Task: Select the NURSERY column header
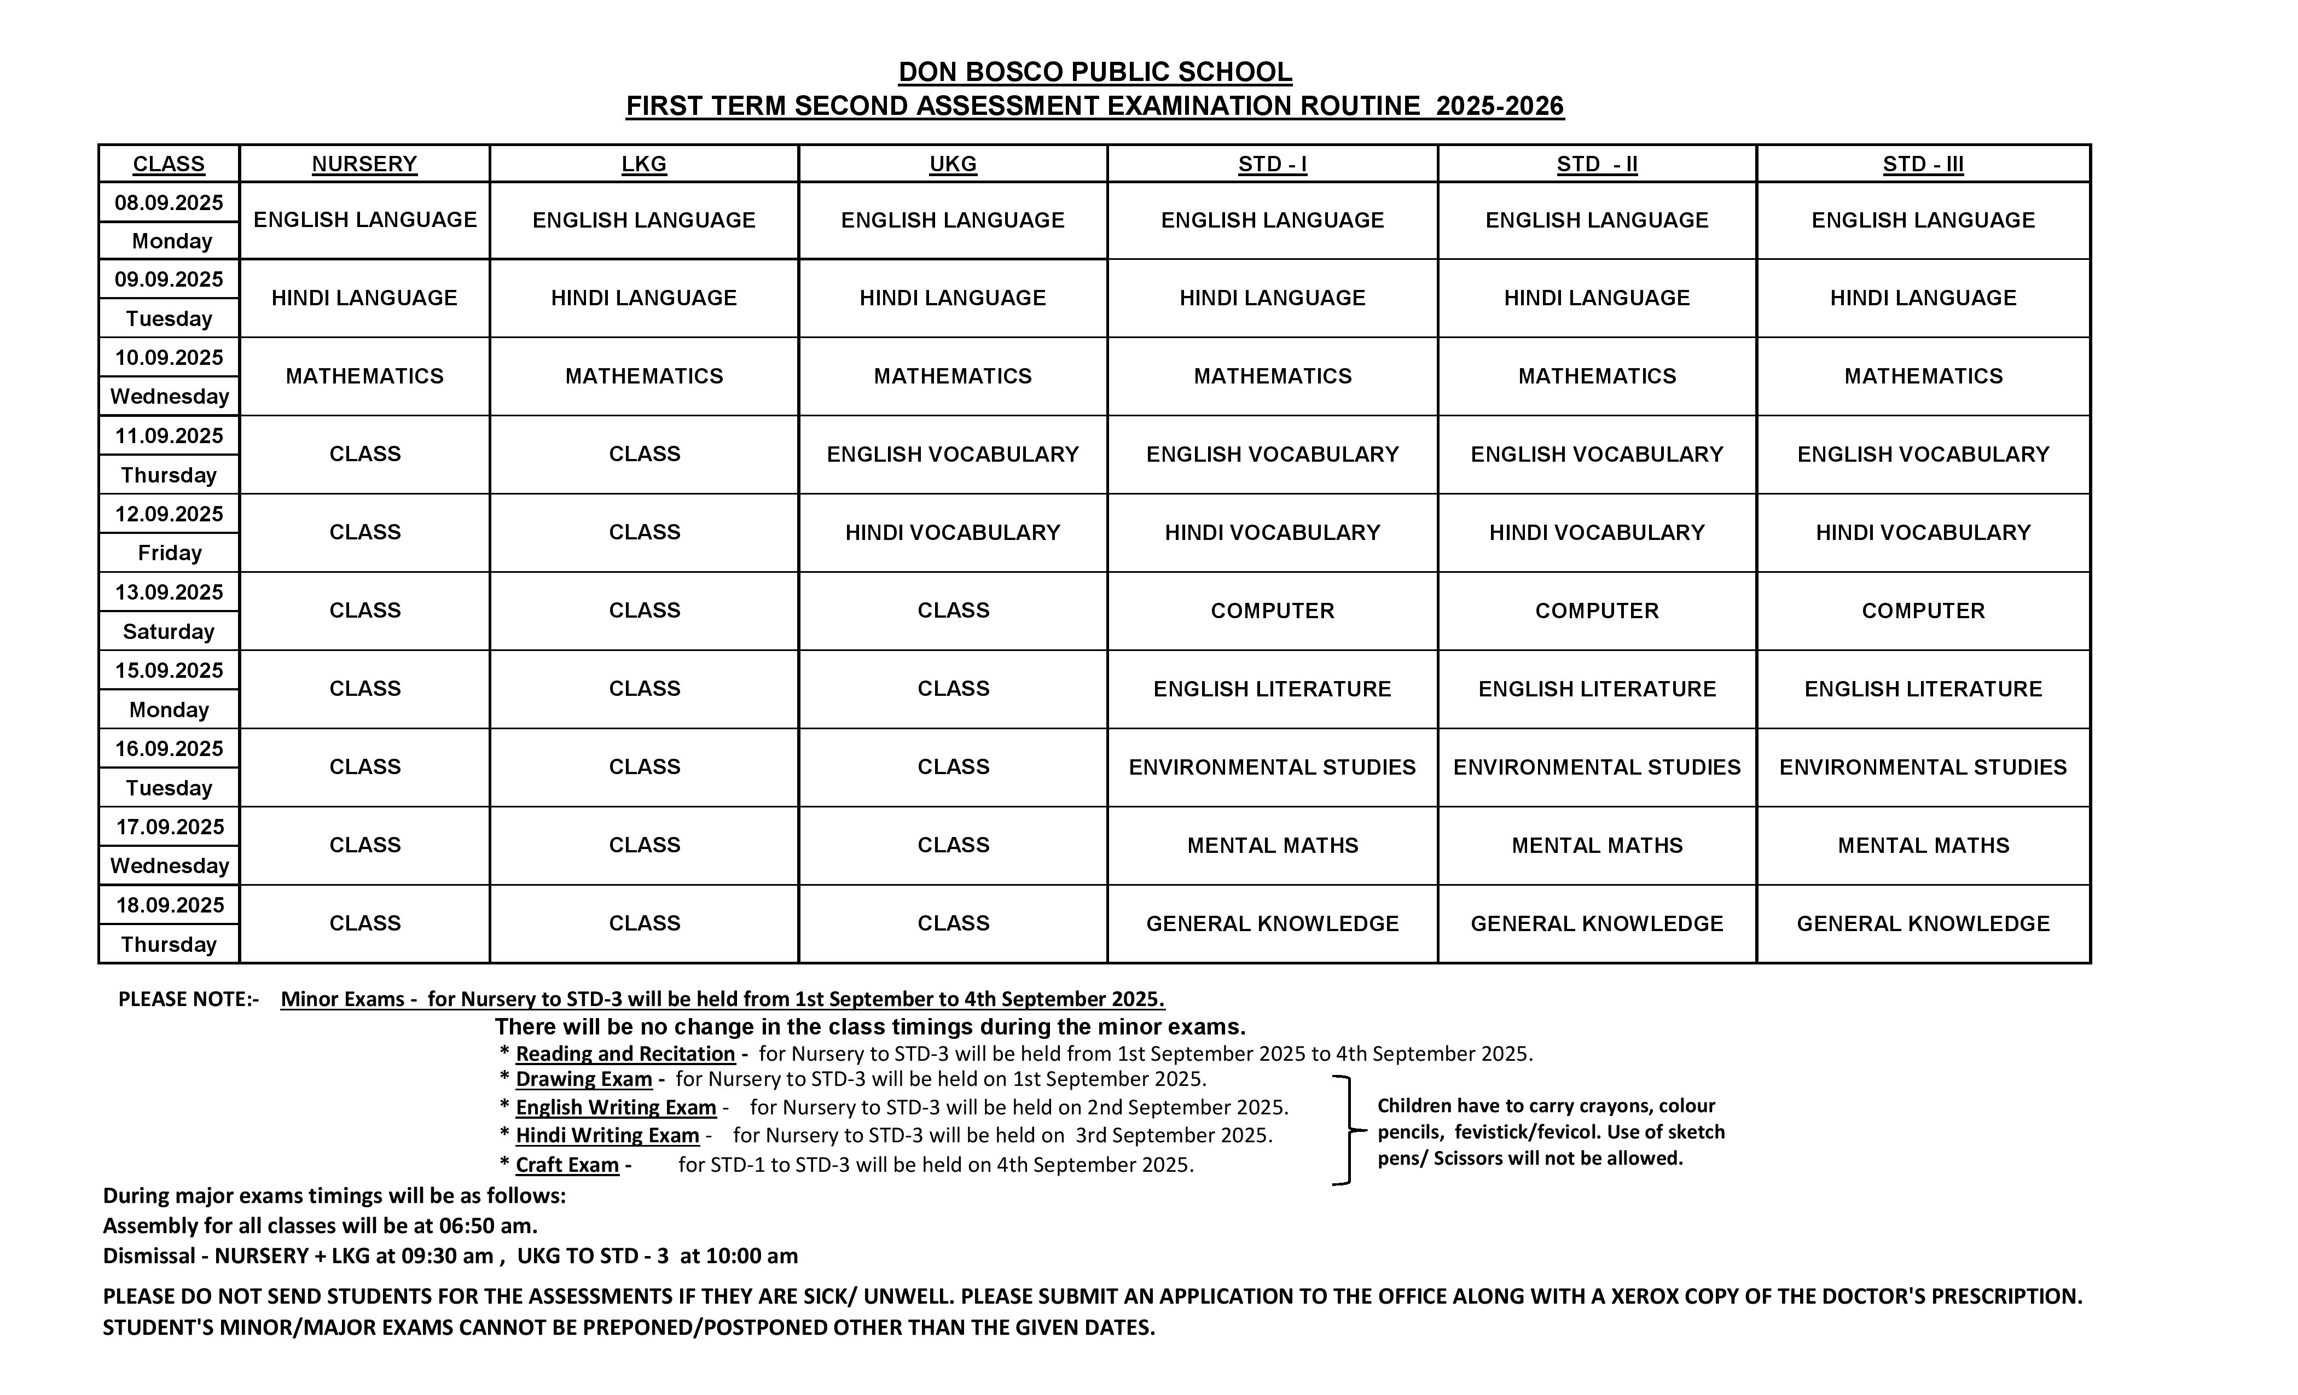click(364, 164)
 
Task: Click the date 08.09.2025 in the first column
click(169, 202)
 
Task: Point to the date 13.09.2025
click(169, 592)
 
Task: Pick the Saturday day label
click(169, 631)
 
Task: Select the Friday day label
click(169, 553)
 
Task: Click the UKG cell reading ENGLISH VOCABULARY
click(952, 454)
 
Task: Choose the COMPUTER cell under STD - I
click(1272, 611)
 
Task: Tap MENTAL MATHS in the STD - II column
click(1597, 845)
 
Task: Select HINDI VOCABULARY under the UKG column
click(952, 532)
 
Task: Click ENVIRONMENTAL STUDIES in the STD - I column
click(1272, 766)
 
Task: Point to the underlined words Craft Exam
click(567, 1165)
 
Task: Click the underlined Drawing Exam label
click(584, 1079)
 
